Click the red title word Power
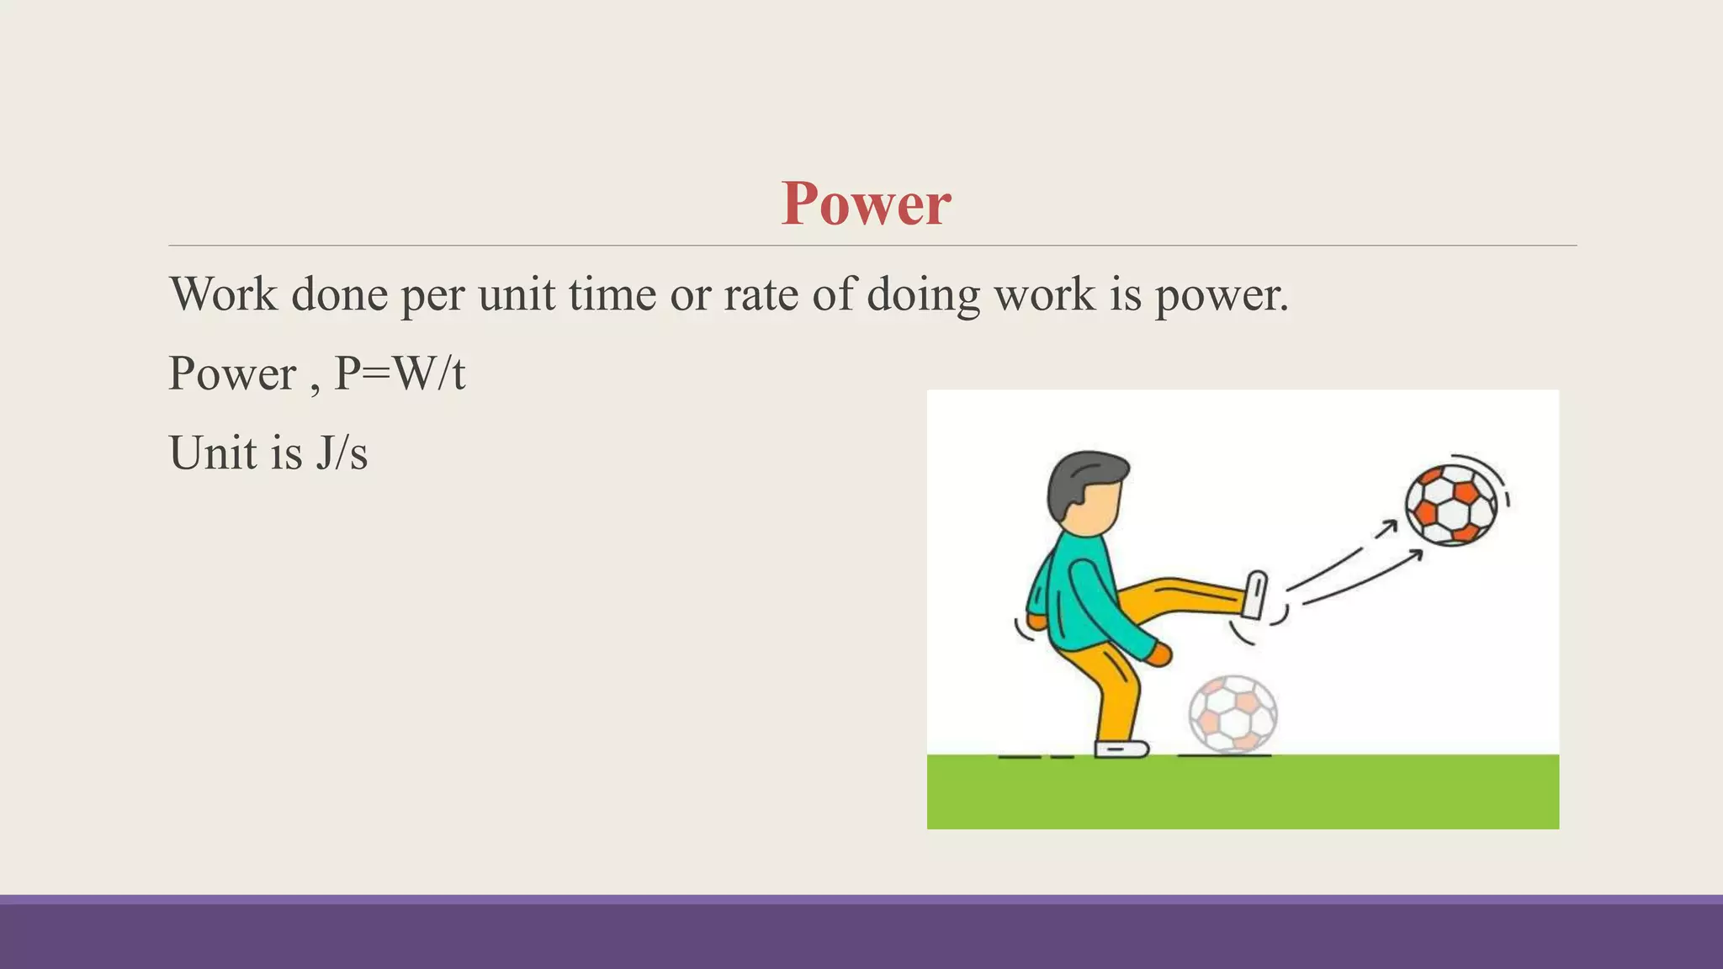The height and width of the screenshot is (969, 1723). tap(866, 204)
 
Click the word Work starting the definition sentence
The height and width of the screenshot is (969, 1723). tap(223, 294)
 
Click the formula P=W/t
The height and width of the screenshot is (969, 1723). tap(400, 373)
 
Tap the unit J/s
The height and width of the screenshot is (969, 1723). tap(342, 453)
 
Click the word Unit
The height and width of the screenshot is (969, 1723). tap(213, 453)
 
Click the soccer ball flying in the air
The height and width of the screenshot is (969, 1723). tap(1451, 505)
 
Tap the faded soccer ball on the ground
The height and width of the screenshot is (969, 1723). tap(1233, 714)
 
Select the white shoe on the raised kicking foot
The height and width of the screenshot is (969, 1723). tap(1254, 595)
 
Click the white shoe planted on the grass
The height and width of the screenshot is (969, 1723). tap(1121, 749)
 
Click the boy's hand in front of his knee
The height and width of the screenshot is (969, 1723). tap(1159, 654)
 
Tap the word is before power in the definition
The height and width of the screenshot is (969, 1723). tap(1125, 294)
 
